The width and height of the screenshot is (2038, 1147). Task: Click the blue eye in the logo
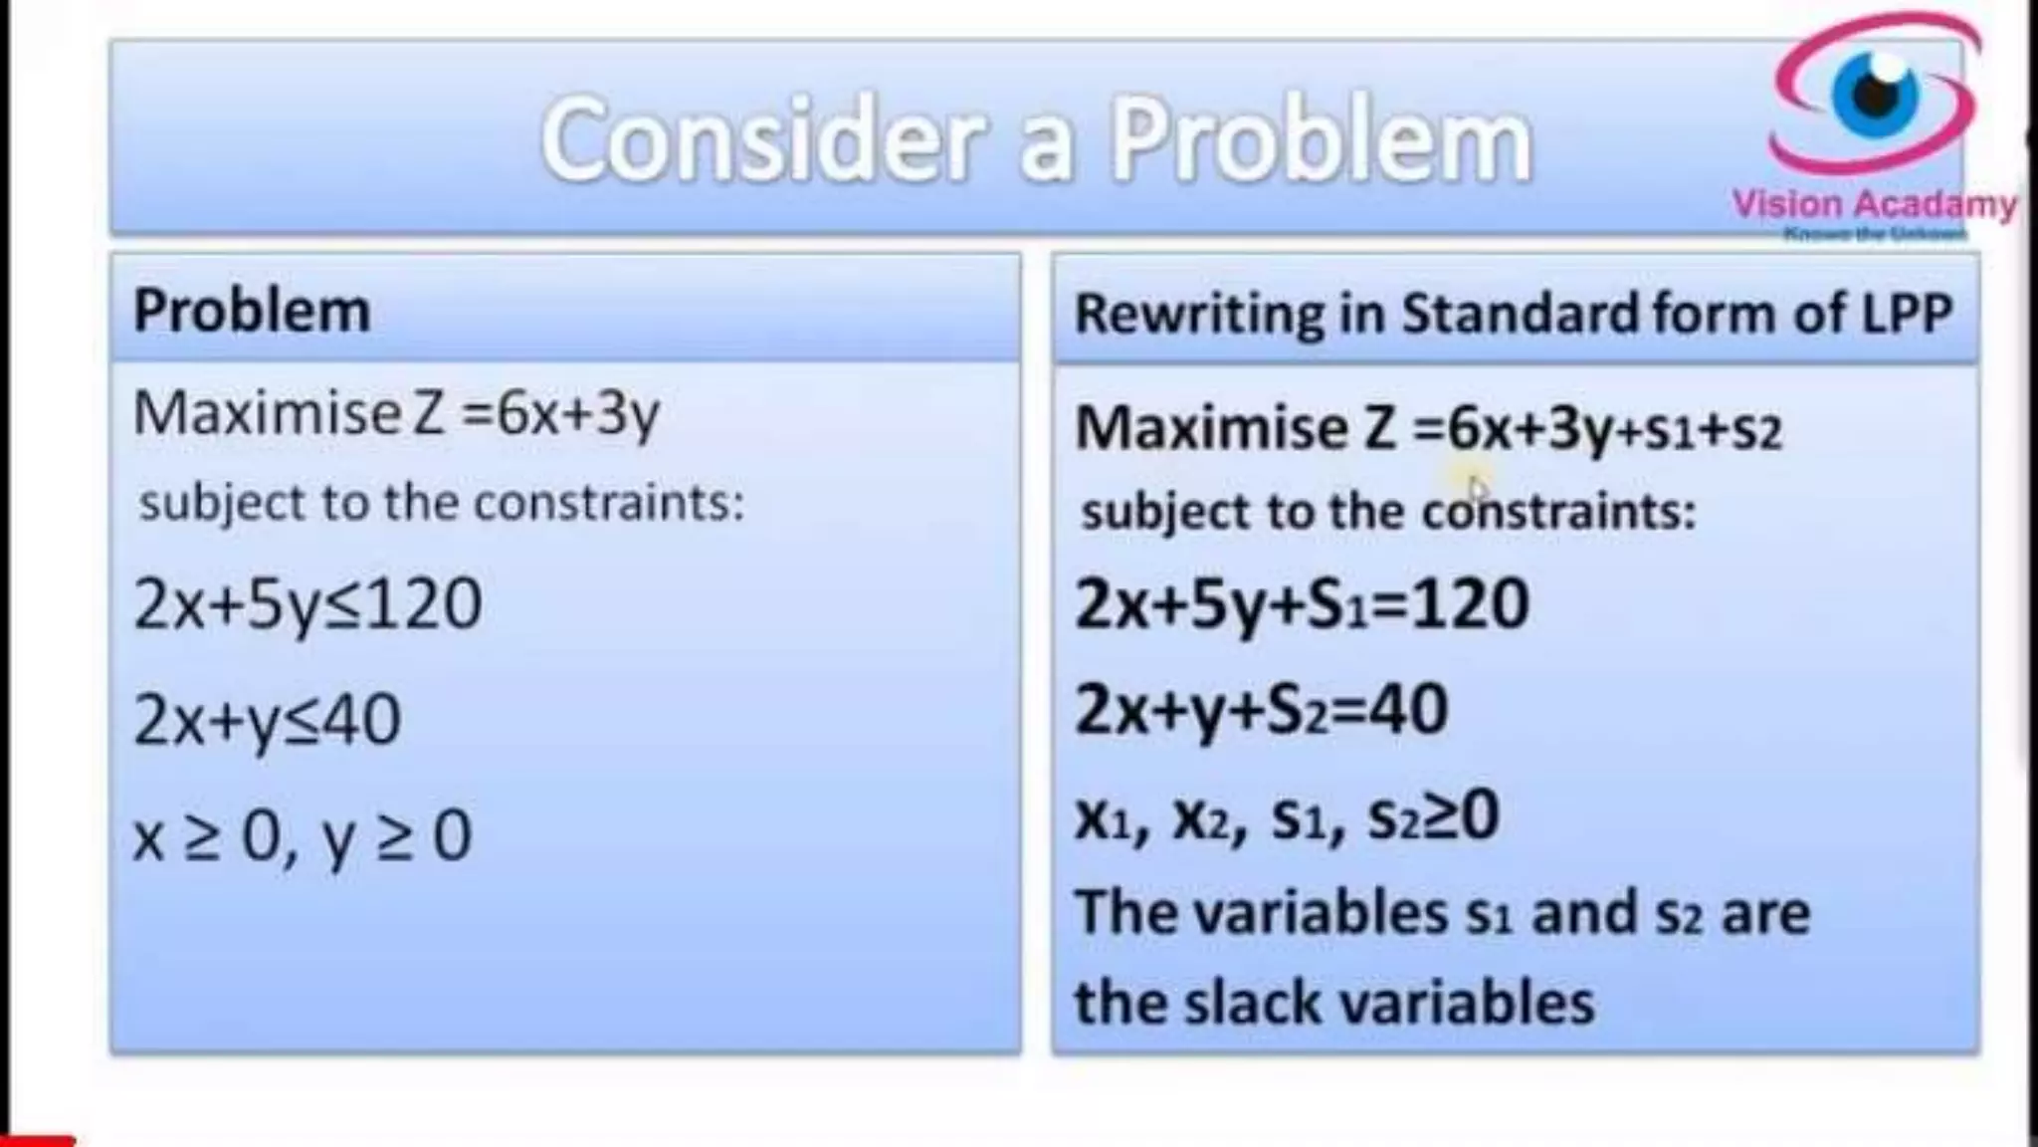point(1875,95)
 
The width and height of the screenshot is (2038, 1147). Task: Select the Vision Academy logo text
point(1875,204)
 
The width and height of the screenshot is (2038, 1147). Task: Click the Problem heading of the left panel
point(252,310)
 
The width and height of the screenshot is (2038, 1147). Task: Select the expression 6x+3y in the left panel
point(578,413)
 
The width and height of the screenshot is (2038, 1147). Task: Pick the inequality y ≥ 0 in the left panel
point(397,836)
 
